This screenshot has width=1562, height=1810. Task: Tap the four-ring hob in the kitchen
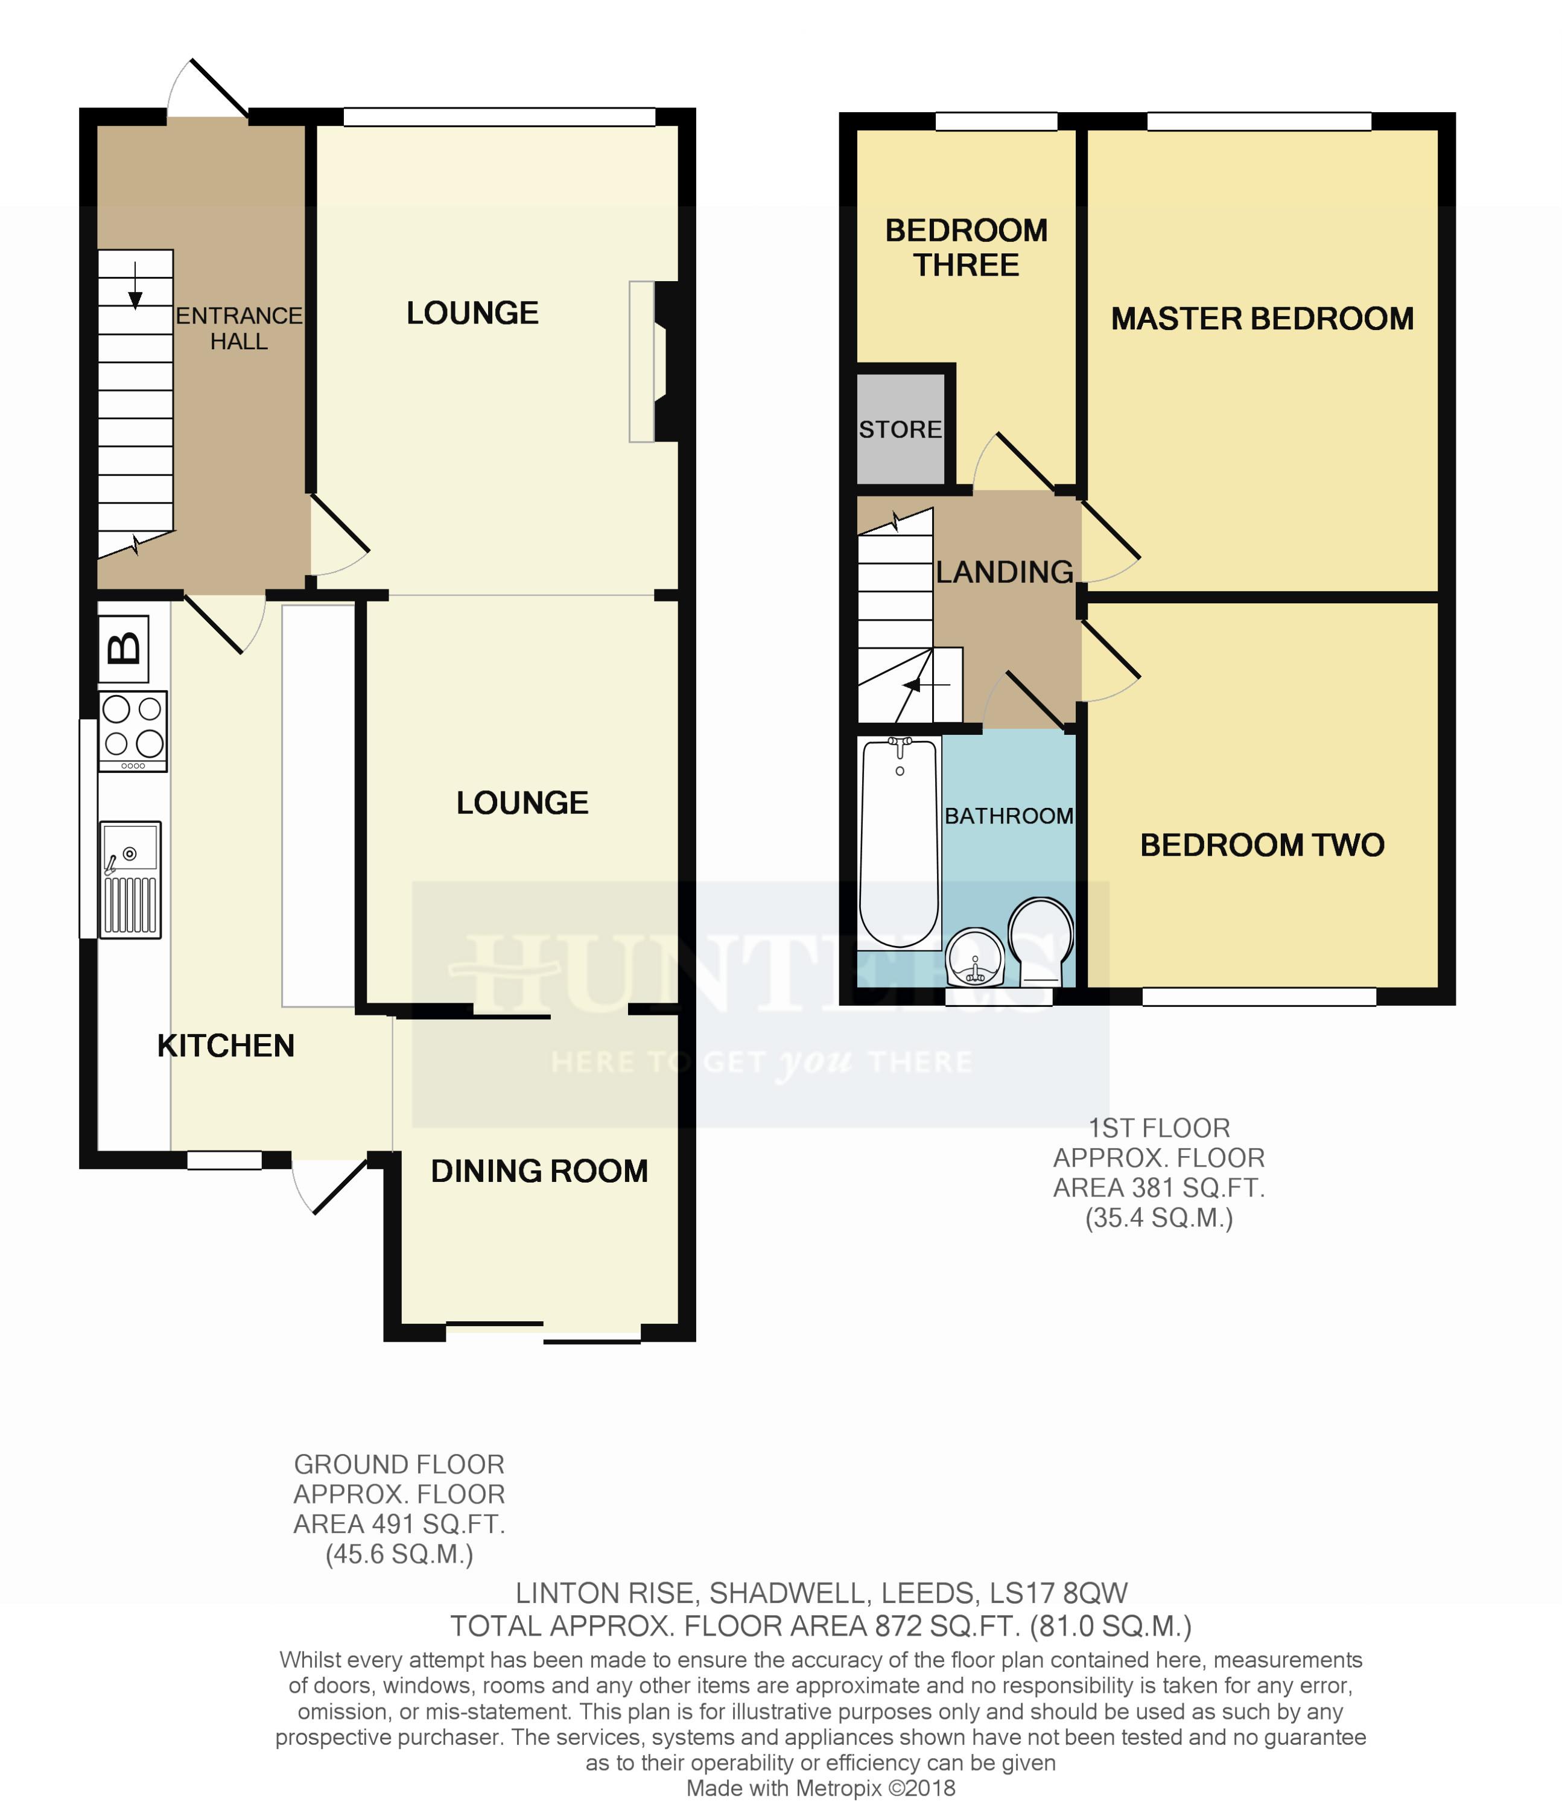coord(133,731)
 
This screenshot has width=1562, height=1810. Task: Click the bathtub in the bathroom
coord(899,843)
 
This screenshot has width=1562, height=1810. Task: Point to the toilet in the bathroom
coord(1040,941)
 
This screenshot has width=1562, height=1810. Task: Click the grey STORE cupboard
coord(901,429)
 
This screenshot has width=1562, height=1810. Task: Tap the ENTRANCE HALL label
coord(238,328)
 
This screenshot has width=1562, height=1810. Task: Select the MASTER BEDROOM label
coord(1262,319)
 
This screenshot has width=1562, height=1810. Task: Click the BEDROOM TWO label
coord(1262,845)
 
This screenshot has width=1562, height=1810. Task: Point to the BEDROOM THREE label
coord(966,247)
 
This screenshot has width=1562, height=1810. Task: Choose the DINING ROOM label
coord(539,1170)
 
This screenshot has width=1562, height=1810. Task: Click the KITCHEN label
coord(226,1045)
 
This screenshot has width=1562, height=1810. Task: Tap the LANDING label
coord(1005,571)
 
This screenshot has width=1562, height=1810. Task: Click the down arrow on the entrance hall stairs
coord(135,285)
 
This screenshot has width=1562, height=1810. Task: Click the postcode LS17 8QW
coord(1058,1592)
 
